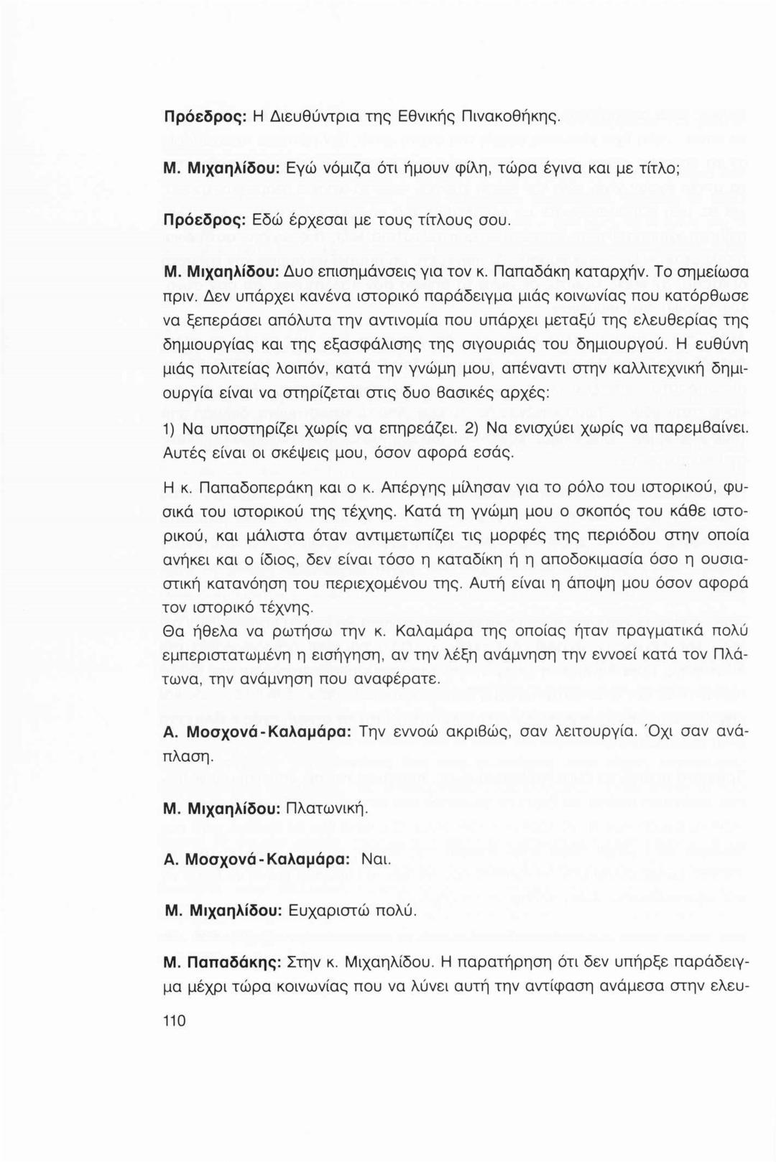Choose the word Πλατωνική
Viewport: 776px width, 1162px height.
pyautogui.click(x=327, y=809)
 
